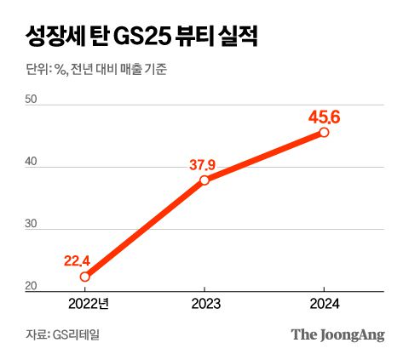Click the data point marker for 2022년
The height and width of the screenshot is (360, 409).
tap(84, 277)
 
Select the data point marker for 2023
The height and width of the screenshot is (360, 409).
tap(204, 180)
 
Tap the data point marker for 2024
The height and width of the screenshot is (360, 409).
tap(325, 132)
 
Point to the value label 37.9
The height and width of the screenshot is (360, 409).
tap(204, 163)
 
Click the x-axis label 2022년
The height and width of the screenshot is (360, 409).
tap(84, 303)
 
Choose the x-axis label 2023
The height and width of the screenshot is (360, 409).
tap(204, 303)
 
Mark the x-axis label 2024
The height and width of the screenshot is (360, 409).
tap(325, 303)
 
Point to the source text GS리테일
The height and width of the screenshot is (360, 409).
tap(78, 334)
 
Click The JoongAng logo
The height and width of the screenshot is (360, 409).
tap(337, 334)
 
